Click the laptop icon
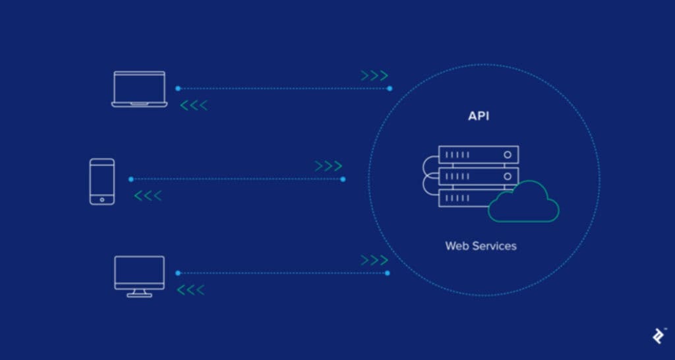tap(139, 89)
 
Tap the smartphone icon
tap(102, 181)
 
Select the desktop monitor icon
tap(139, 276)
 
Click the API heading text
tap(479, 117)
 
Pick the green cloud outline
tap(525, 203)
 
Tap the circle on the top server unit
tap(507, 155)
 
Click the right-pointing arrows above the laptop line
tap(374, 76)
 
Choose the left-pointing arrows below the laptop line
tap(194, 105)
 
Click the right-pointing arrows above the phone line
tap(328, 166)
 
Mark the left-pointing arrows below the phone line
tap(148, 196)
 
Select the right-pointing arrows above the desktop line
tap(374, 260)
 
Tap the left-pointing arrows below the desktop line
tap(191, 289)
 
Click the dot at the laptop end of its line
tap(177, 88)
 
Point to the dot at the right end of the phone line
tap(343, 179)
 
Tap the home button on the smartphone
tap(102, 198)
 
